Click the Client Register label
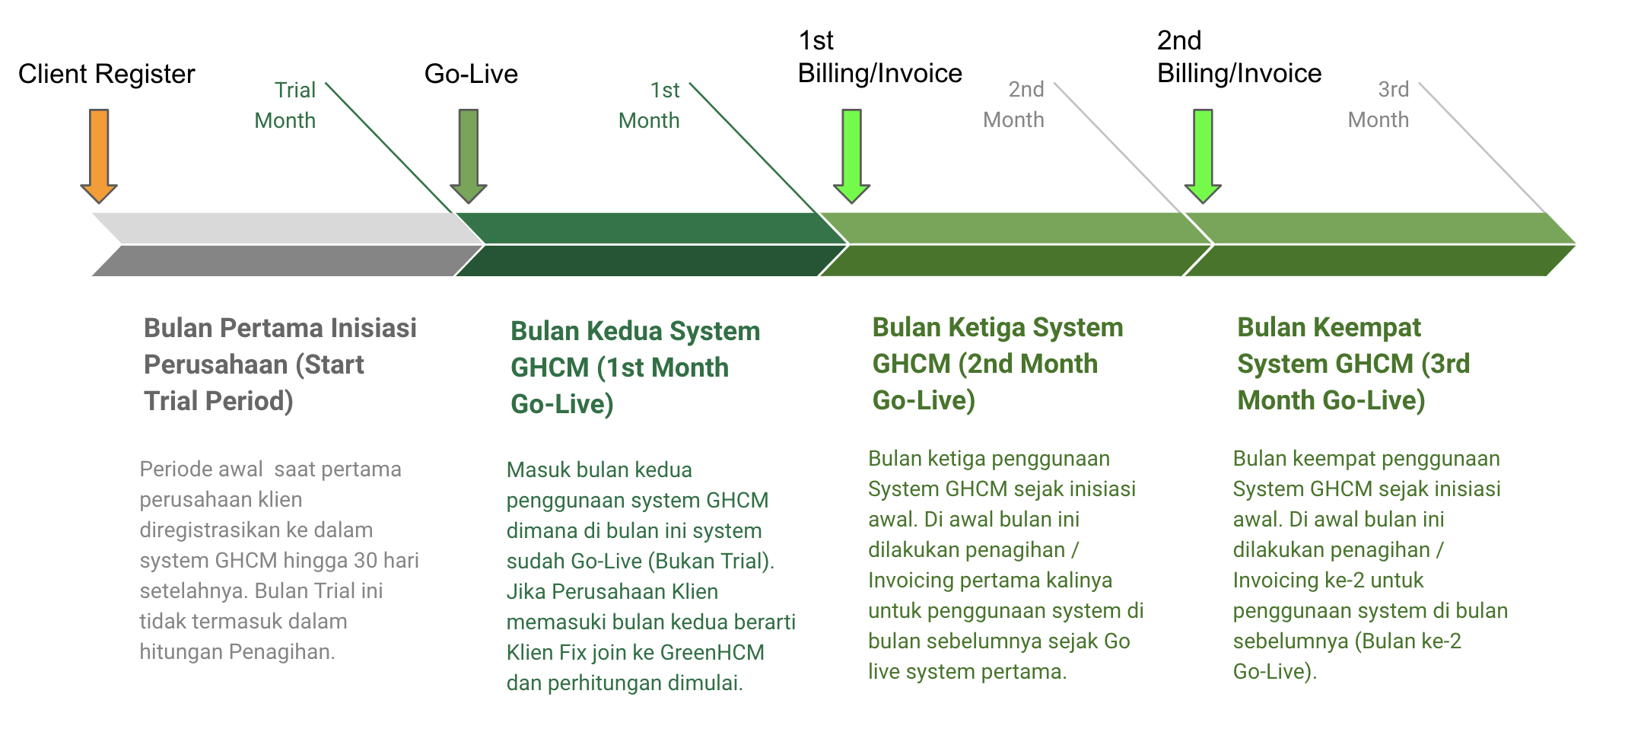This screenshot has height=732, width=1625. coord(107,74)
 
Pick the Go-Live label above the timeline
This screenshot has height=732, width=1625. coord(471,74)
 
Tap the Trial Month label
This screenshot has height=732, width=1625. coord(285,105)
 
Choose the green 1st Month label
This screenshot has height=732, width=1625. coord(649,105)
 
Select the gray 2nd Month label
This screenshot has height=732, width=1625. coord(1013,104)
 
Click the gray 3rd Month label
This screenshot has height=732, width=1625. coord(1378,104)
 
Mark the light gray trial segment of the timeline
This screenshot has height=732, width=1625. coord(281,228)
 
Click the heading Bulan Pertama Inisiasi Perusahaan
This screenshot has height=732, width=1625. coord(280,364)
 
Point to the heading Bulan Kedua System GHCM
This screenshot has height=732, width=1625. coord(634,368)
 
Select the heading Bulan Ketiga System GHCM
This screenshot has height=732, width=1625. coord(997,364)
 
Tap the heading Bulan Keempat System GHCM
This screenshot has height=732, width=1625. coord(1353,364)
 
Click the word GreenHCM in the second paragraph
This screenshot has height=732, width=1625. coord(712,652)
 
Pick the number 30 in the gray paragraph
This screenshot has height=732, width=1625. coord(365,561)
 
